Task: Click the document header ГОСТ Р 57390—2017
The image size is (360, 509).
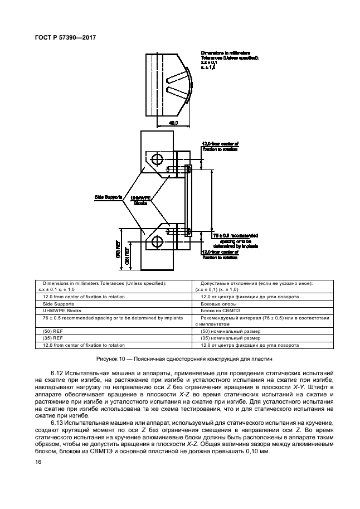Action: click(66, 37)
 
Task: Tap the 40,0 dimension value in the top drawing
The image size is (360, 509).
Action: click(173, 123)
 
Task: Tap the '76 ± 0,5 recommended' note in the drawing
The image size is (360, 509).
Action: click(236, 235)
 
